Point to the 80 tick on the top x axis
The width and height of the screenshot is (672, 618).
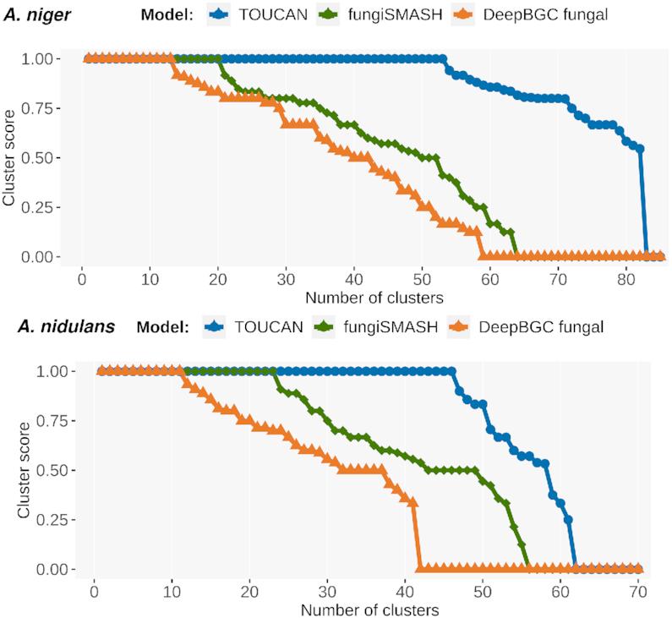coord(626,278)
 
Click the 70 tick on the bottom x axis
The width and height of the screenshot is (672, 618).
coord(639,590)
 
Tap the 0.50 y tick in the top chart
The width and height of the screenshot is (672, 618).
coord(41,158)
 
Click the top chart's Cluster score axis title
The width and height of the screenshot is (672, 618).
coord(9,157)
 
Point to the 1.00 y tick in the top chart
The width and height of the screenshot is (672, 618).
coord(41,59)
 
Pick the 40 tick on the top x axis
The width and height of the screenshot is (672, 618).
coord(354,278)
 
